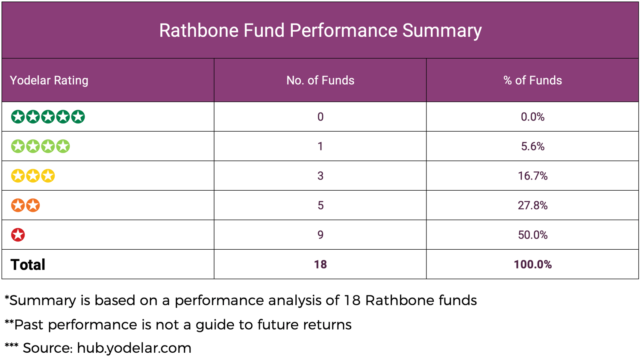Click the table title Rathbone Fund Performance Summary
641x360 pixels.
(320, 30)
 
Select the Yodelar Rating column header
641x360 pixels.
(49, 80)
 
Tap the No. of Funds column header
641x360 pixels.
(320, 80)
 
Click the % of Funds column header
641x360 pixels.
(532, 80)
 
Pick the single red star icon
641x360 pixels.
(18, 235)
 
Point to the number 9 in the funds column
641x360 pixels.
(320, 235)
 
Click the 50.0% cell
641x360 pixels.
(532, 235)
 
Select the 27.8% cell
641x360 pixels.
(532, 205)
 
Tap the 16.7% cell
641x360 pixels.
(532, 176)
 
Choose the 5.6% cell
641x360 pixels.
(532, 146)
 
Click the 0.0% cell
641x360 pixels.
(532, 117)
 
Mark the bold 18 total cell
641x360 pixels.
(320, 264)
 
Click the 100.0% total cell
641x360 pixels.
(532, 264)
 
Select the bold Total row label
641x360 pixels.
(28, 265)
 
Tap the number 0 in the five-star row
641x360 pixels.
(320, 117)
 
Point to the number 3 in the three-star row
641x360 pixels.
(320, 176)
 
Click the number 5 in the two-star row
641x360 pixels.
(320, 205)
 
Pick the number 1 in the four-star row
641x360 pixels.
(320, 146)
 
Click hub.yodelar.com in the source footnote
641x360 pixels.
(134, 348)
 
